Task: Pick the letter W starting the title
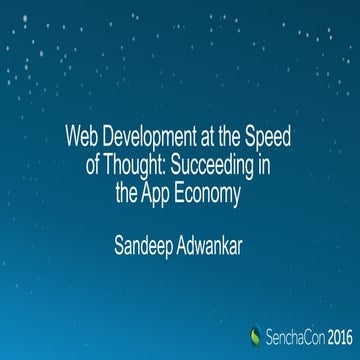coord(70,132)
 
